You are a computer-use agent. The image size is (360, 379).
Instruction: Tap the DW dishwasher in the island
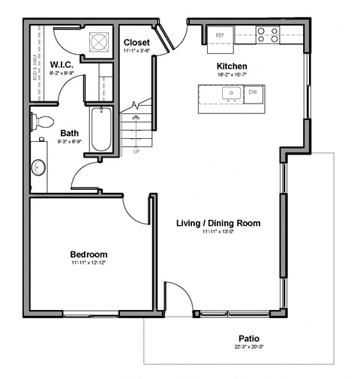tap(253, 93)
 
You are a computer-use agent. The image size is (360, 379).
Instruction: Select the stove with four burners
tap(268, 35)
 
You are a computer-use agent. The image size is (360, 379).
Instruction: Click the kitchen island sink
tap(230, 94)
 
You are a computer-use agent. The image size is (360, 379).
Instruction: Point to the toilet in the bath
tap(43, 121)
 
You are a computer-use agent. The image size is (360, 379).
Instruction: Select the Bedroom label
tap(88, 254)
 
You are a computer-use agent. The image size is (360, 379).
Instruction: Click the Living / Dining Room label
tap(218, 223)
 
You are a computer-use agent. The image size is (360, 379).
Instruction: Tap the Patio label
tap(250, 338)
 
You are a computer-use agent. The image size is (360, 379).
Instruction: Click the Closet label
tap(136, 42)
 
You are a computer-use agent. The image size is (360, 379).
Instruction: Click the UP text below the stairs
tap(136, 152)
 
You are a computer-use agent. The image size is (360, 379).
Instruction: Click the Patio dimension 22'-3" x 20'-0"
tap(250, 347)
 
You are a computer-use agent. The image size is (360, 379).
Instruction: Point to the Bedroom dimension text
tap(88, 263)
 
